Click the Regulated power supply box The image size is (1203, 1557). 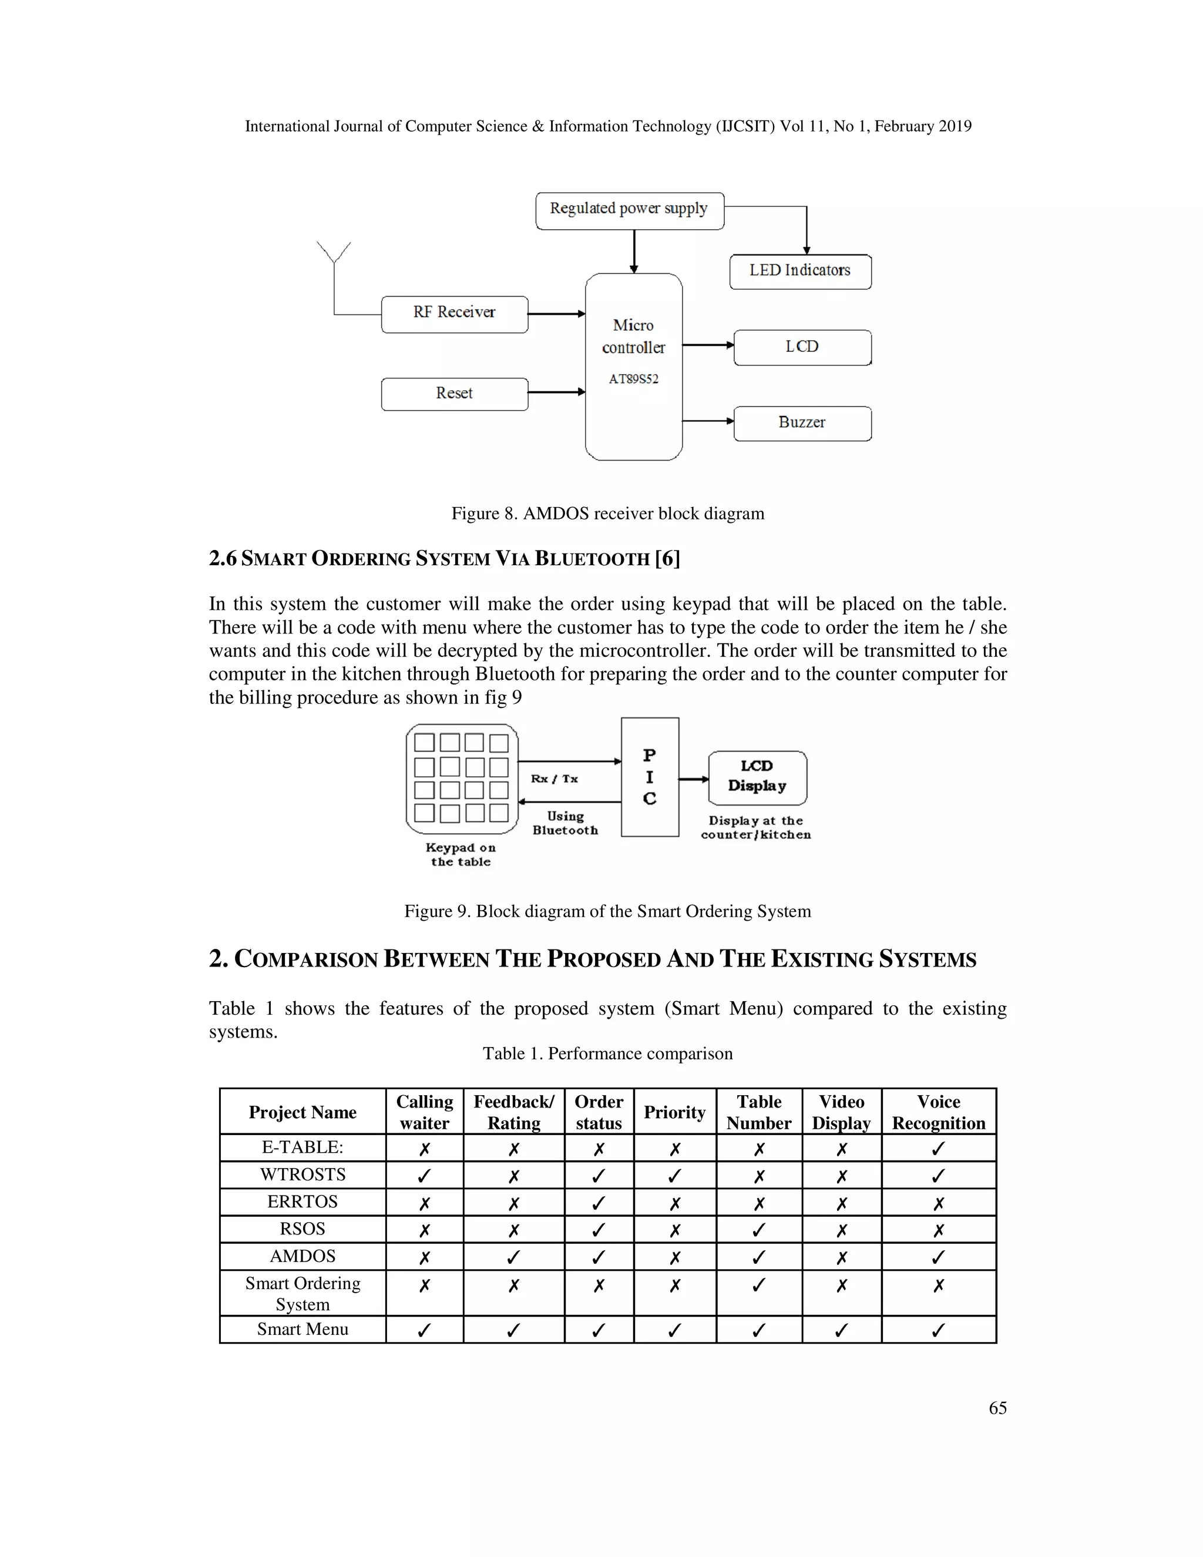click(629, 210)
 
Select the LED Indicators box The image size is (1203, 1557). click(799, 271)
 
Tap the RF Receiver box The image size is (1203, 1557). click(454, 314)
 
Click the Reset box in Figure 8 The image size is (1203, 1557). click(454, 394)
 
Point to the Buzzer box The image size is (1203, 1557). click(802, 423)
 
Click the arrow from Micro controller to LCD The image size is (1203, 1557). click(708, 345)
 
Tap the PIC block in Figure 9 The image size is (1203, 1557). click(649, 777)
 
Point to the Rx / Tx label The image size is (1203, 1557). click(554, 778)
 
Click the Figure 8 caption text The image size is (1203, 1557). click(607, 514)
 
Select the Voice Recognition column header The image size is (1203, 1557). click(938, 1112)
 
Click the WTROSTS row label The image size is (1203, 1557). click(302, 1174)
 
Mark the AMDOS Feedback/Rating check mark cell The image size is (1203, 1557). click(513, 1256)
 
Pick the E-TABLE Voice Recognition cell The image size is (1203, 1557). click(938, 1148)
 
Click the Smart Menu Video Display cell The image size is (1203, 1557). click(841, 1330)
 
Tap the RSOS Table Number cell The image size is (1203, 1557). click(758, 1229)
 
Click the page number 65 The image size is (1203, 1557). click(997, 1407)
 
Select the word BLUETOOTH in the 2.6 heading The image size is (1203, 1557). click(592, 559)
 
